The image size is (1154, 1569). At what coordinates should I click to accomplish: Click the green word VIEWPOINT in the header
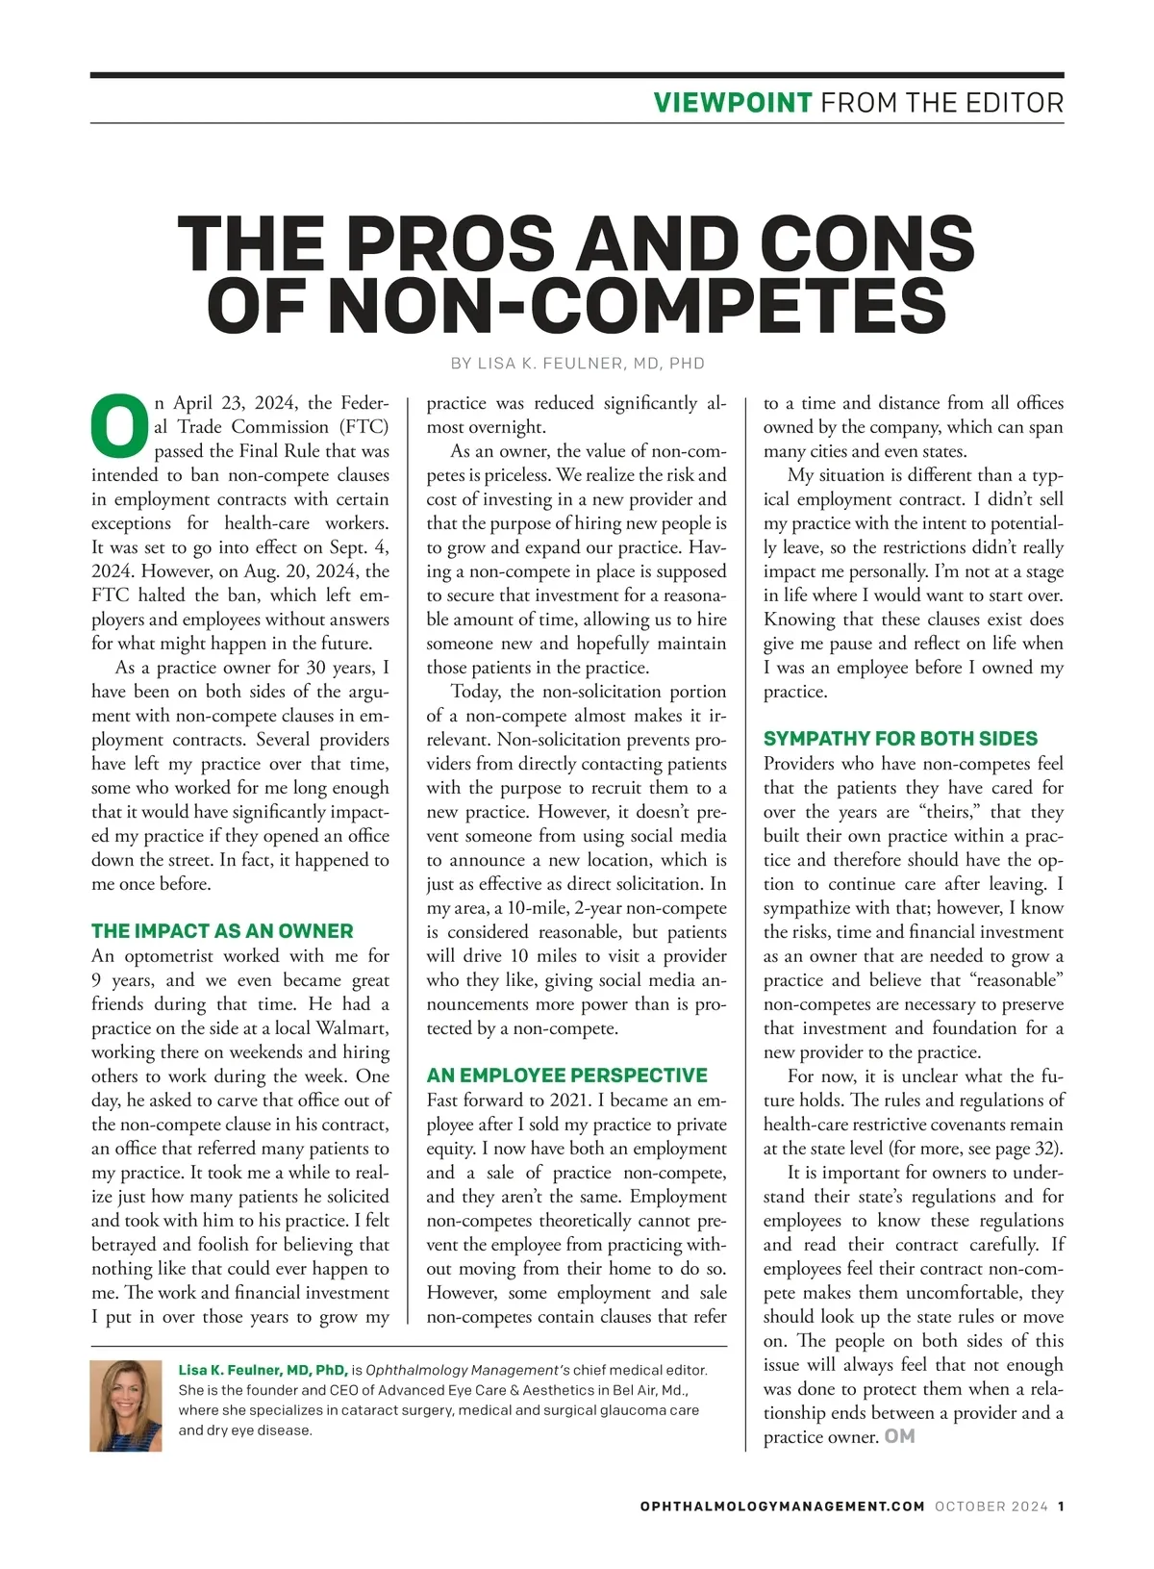coord(733,103)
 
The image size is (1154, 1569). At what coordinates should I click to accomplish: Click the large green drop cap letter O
coord(120,426)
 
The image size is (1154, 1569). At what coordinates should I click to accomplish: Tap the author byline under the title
coord(577,364)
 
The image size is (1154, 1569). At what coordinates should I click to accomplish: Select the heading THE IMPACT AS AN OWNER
coord(222,931)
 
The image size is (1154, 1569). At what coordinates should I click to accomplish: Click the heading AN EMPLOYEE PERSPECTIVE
coord(566,1076)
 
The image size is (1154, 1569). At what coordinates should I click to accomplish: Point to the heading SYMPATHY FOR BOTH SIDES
coord(900,739)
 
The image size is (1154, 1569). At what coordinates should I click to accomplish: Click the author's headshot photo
coord(126,1405)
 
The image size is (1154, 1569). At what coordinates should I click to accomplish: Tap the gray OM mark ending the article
coord(899,1436)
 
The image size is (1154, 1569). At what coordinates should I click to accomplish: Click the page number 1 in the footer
coord(1061,1506)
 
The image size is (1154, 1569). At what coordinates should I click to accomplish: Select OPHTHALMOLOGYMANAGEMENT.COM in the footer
coord(782,1506)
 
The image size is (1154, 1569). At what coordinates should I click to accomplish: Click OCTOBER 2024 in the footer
coord(991,1506)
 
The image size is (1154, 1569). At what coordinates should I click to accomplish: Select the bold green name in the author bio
coord(263,1370)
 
